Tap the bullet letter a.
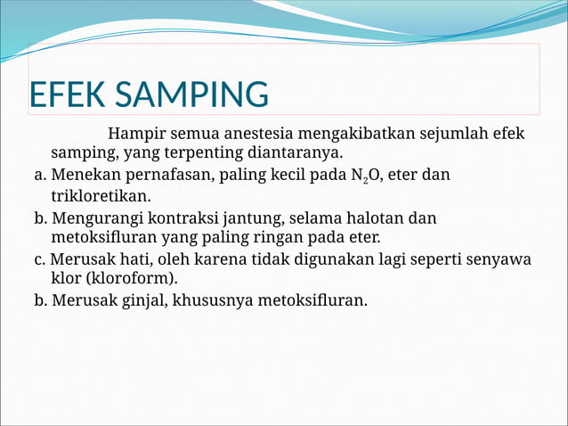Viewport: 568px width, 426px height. tap(40, 176)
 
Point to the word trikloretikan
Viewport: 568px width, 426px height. tap(101, 195)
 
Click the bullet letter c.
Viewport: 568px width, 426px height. tap(39, 259)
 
